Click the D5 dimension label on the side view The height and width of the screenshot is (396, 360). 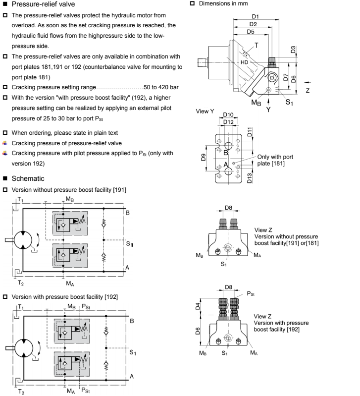(x=252, y=31)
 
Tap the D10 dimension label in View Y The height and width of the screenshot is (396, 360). (x=229, y=115)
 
